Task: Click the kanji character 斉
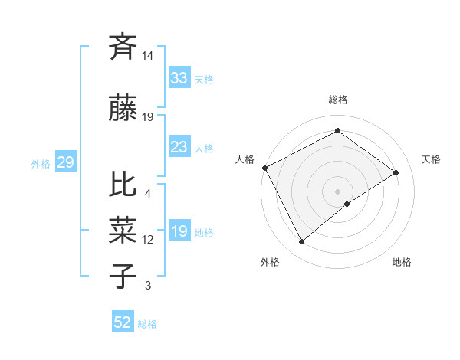pyautogui.click(x=123, y=47)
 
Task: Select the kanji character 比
pyautogui.click(x=123, y=185)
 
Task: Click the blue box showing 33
pyautogui.click(x=179, y=78)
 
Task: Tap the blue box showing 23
pyautogui.click(x=179, y=147)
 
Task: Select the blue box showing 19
pyautogui.click(x=179, y=231)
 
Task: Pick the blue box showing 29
pyautogui.click(x=65, y=162)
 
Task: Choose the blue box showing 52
pyautogui.click(x=123, y=322)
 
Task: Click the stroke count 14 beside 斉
pyautogui.click(x=148, y=56)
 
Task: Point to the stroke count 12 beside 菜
pyautogui.click(x=148, y=240)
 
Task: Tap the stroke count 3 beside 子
pyautogui.click(x=148, y=286)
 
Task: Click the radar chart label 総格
pyautogui.click(x=337, y=100)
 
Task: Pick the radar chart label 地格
pyautogui.click(x=402, y=262)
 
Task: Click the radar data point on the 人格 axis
pyautogui.click(x=264, y=168)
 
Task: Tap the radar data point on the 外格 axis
pyautogui.click(x=301, y=241)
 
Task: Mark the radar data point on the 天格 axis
pyautogui.click(x=396, y=172)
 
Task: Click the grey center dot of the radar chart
pyautogui.click(x=337, y=191)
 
